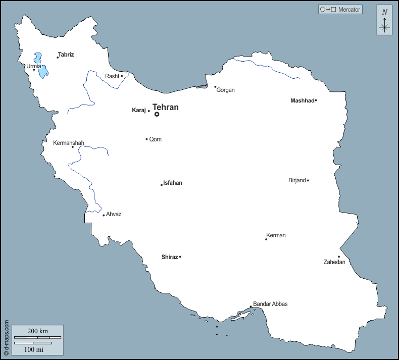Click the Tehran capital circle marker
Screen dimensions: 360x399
click(x=157, y=114)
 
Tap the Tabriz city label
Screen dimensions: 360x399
click(x=66, y=54)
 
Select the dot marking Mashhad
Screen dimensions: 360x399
click(x=316, y=100)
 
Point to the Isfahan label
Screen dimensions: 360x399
click(x=173, y=183)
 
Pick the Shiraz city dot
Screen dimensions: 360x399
click(x=180, y=257)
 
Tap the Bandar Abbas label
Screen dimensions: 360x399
click(x=270, y=304)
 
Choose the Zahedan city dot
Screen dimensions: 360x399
click(x=339, y=257)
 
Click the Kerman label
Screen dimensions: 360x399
click(x=276, y=235)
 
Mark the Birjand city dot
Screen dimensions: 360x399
click(x=308, y=180)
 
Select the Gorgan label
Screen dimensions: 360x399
click(x=226, y=90)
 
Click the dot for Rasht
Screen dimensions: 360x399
click(x=122, y=76)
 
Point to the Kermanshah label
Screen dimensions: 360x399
click(x=69, y=143)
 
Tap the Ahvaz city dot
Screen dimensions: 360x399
click(x=104, y=215)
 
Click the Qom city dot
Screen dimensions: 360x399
click(x=146, y=139)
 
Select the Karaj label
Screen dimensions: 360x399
click(x=139, y=110)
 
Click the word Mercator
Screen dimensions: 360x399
click(x=350, y=10)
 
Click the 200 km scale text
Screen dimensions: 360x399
click(x=37, y=331)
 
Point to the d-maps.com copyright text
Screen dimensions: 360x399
click(x=7, y=337)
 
